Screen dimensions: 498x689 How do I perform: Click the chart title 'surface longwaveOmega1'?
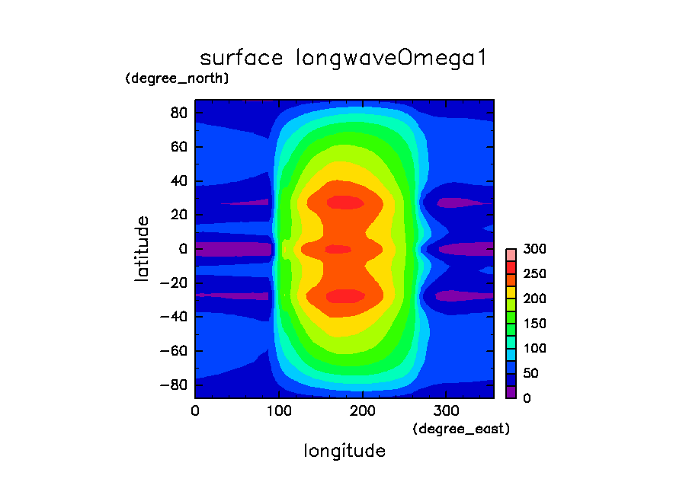tap(343, 59)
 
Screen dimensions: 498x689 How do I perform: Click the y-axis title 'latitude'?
tap(142, 249)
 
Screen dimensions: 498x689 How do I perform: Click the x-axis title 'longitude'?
tap(344, 451)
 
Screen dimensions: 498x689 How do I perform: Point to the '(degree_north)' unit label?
tap(177, 78)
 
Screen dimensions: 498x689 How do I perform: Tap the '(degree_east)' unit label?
tap(460, 429)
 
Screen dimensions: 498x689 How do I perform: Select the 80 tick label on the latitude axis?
tap(178, 112)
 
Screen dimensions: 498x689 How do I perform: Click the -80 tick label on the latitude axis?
tap(174, 385)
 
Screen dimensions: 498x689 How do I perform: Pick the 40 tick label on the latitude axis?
tap(178, 180)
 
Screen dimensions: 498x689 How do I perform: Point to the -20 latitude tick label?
tap(174, 283)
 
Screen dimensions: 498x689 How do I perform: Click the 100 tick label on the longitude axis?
tap(279, 410)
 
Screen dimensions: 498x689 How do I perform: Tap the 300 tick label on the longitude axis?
tap(447, 410)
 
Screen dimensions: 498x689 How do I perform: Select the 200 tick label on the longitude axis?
tap(363, 410)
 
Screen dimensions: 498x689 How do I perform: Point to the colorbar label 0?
tap(527, 397)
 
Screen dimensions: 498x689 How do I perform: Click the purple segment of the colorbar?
tap(511, 392)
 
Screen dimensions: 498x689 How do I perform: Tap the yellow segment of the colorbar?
tap(511, 292)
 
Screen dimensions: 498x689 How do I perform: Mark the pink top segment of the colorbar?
tap(511, 254)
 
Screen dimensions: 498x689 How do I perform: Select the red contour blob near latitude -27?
tap(345, 295)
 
